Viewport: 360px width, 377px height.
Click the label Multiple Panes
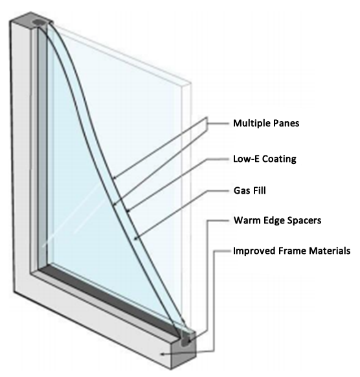click(x=266, y=123)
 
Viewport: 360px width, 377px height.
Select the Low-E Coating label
click(x=265, y=159)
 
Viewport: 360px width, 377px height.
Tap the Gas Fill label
click(x=249, y=190)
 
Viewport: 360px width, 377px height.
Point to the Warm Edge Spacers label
click(x=277, y=220)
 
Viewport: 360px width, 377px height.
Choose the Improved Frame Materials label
click(x=292, y=251)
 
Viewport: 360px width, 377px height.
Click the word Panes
click(x=286, y=123)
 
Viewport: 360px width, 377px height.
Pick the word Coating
click(x=279, y=159)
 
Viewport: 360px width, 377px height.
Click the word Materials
click(x=330, y=251)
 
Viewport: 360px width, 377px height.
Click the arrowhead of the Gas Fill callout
click(x=135, y=238)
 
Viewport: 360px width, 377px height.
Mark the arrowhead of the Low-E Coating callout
click(x=128, y=212)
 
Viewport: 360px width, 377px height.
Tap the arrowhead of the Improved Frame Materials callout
click(x=163, y=354)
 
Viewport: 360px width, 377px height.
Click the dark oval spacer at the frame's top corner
click(x=39, y=23)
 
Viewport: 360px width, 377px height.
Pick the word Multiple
click(x=252, y=123)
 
